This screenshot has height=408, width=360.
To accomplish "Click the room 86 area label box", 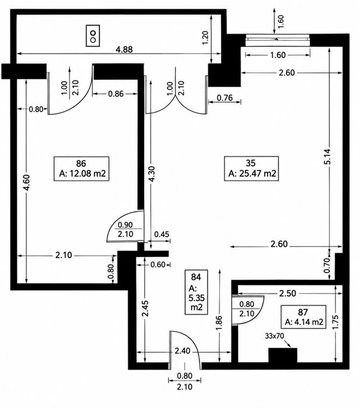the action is pos(81,168).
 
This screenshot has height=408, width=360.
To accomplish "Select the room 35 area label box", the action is pos(251,168).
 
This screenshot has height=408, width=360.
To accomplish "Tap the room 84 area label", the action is pos(196,292).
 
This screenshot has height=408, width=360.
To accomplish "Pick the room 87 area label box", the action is pos(303,317).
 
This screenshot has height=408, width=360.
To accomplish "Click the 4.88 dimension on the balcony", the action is pos(124,49).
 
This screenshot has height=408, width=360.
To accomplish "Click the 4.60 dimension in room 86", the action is pos(27,182).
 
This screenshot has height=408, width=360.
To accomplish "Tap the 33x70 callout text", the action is pos(274,336).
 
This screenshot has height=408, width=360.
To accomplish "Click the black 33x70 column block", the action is pos(283,355).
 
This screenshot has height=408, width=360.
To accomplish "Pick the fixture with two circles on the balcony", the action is pos(93,36).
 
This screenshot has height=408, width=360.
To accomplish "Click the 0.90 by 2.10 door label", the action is pos(125,229).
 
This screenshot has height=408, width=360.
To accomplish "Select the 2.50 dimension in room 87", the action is pos(288,293).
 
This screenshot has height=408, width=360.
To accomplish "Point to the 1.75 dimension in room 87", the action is pos(335,323).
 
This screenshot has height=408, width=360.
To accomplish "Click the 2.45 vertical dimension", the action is pos(145,308).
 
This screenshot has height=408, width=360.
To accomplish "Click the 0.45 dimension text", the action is pos(162,235).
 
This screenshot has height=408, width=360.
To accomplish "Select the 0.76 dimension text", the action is pos(225,98).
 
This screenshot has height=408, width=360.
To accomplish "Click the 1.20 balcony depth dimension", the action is pos(205,38).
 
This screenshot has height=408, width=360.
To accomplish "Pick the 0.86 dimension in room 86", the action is pos(116,93).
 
